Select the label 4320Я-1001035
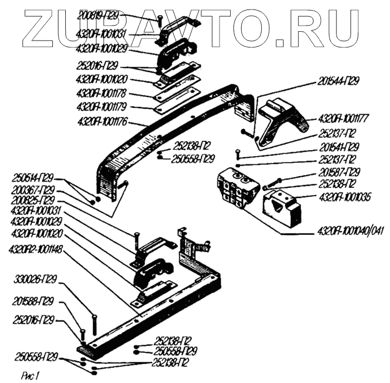345,196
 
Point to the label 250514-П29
33,179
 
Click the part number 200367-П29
33,190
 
